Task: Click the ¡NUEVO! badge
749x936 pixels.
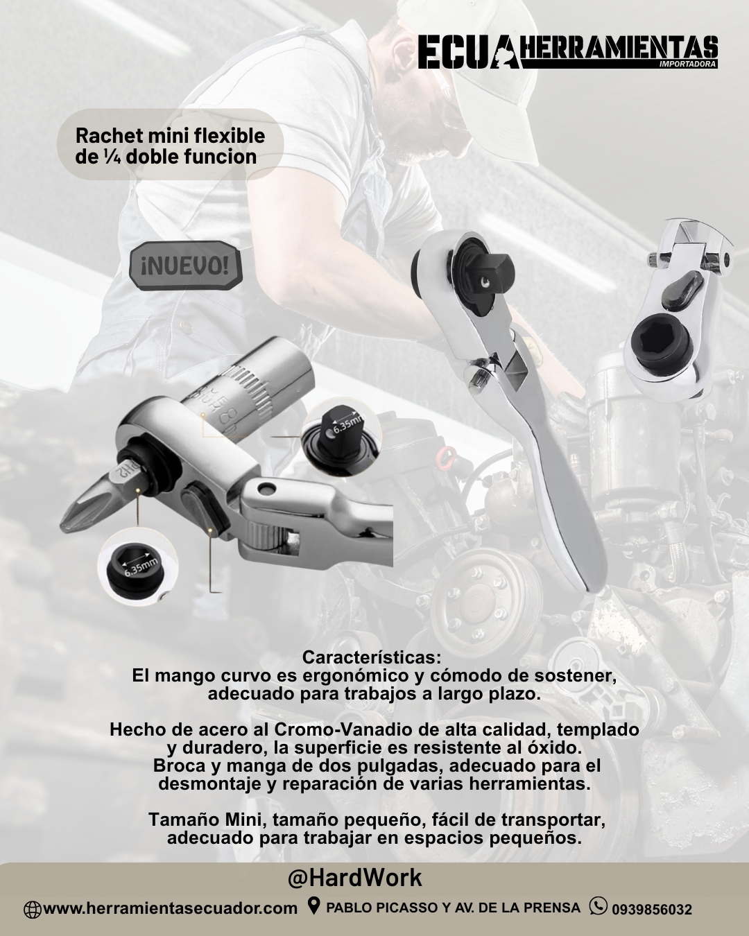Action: click(x=185, y=266)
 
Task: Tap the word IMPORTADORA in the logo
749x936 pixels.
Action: click(x=688, y=64)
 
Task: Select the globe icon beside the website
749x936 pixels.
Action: click(x=32, y=908)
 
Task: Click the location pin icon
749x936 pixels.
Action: click(x=313, y=905)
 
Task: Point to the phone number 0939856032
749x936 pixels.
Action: click(x=651, y=908)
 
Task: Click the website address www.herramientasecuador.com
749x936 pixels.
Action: click(x=170, y=908)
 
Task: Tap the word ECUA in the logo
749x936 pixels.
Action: click(x=469, y=53)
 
